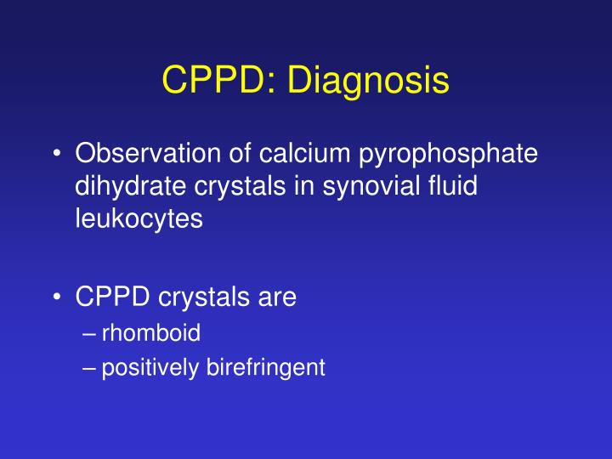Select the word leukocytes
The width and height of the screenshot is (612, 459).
139,218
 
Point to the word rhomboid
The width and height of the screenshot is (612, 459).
151,332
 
